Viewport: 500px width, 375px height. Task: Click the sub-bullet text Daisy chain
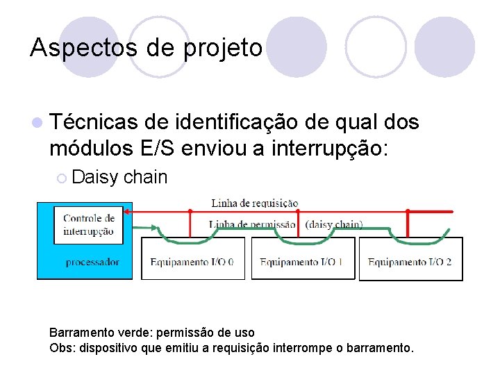(x=119, y=177)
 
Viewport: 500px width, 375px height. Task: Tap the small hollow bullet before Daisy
(x=61, y=178)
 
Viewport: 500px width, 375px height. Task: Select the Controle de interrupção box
(x=88, y=224)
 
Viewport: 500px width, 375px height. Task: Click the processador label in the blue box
(x=92, y=262)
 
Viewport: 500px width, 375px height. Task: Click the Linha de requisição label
(x=254, y=203)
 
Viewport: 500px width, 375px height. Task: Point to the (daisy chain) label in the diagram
(x=334, y=224)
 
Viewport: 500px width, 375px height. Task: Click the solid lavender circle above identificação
(x=297, y=47)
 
